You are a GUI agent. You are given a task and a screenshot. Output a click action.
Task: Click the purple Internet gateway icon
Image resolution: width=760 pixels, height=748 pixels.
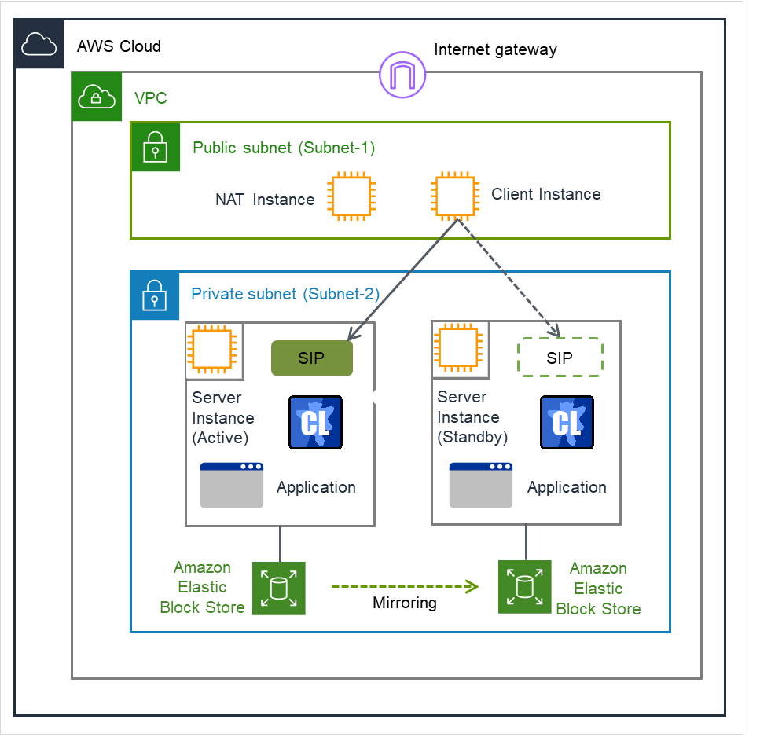tap(402, 76)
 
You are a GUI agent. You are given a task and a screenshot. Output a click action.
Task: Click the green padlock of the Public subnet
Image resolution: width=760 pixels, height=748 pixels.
tap(155, 147)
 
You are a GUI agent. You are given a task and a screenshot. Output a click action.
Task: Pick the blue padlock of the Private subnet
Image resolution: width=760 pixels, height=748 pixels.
tap(154, 296)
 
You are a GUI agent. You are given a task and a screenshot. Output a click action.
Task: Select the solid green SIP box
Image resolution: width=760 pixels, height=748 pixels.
tap(311, 358)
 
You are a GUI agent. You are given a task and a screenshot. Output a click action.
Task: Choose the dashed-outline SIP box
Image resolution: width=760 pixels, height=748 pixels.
tap(560, 357)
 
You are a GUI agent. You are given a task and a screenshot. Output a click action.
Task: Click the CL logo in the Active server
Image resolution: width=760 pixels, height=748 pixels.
tap(315, 422)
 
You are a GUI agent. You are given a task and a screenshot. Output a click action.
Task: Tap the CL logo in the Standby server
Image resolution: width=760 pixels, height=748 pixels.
tap(567, 422)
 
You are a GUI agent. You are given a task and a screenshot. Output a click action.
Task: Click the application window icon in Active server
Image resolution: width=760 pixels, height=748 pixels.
tap(232, 485)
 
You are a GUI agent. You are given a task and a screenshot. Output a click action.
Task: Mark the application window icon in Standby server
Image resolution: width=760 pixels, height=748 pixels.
tap(481, 485)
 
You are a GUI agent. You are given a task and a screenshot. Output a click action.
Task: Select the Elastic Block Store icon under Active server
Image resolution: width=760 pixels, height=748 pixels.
tap(279, 588)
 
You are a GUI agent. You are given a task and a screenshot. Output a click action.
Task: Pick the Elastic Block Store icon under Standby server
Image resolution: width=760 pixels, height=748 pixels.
tap(524, 587)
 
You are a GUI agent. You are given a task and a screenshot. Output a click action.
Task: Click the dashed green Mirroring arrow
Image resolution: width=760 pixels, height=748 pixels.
tap(404, 586)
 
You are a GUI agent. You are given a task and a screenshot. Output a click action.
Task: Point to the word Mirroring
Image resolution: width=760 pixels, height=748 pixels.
tap(405, 603)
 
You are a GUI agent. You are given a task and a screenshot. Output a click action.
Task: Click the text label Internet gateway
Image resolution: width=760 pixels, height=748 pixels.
tap(495, 50)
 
